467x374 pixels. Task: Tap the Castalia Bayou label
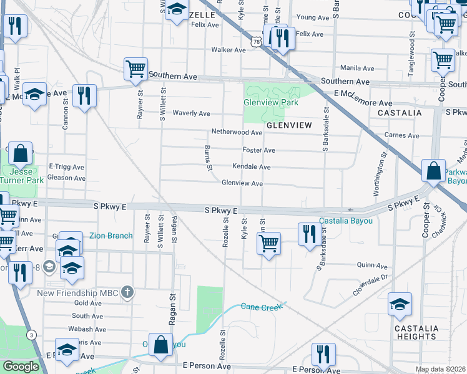coord(345,221)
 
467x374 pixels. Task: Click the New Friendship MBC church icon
coord(127,292)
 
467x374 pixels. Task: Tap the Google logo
coord(21,367)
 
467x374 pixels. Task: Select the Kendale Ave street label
coord(251,167)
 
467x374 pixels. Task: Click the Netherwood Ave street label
coord(237,133)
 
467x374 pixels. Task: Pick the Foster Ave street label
coord(259,150)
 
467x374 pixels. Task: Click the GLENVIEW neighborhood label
coord(289,125)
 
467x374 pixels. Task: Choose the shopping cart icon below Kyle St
coord(268,244)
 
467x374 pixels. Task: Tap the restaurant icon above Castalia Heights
coord(322,355)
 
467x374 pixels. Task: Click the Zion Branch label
coord(111,236)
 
